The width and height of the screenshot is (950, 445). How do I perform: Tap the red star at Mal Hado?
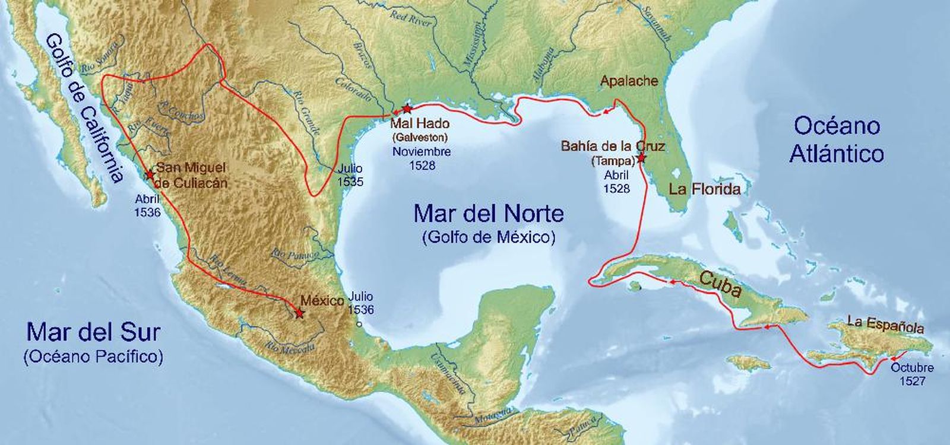click(407, 109)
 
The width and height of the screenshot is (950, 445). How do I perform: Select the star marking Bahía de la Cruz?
click(641, 158)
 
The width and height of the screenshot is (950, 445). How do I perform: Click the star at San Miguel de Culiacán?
click(150, 175)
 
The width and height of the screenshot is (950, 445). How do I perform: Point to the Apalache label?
click(629, 81)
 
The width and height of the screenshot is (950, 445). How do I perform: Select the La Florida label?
click(704, 189)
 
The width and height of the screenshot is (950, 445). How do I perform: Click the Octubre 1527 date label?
click(911, 374)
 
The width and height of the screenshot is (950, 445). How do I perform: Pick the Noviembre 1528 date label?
click(422, 158)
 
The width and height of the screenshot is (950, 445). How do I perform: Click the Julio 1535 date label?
click(350, 175)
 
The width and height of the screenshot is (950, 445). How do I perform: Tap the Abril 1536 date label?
click(147, 205)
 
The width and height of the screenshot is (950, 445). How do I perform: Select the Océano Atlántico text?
click(837, 139)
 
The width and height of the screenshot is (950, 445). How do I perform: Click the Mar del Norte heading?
click(488, 213)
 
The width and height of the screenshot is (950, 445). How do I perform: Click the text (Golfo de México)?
click(488, 238)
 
